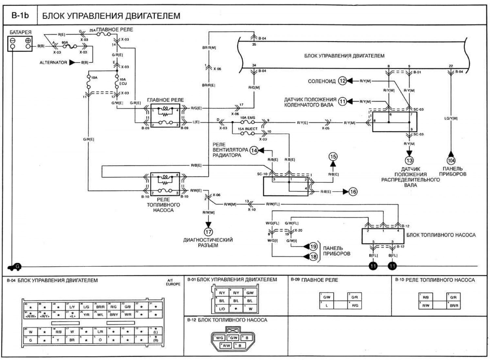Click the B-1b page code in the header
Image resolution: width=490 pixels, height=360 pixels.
click(x=20, y=15)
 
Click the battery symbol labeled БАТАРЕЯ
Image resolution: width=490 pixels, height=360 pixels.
click(x=20, y=43)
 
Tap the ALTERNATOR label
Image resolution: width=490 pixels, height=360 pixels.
click(x=53, y=62)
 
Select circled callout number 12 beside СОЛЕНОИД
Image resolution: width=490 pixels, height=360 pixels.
click(x=342, y=81)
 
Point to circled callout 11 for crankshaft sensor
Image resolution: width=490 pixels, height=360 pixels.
click(x=342, y=102)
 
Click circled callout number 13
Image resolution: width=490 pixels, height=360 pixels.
click(x=409, y=160)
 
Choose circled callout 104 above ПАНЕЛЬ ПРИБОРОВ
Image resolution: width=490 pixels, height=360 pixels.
click(x=451, y=160)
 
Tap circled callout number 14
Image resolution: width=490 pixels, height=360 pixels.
click(x=254, y=150)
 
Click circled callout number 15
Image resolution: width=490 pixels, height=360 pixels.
click(x=333, y=157)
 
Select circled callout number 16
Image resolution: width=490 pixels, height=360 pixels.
click(x=353, y=192)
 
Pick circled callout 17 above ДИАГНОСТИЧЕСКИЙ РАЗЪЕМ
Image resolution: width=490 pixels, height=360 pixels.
click(x=208, y=232)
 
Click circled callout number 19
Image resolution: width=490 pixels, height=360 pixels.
click(x=313, y=246)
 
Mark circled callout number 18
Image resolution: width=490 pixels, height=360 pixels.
click(x=313, y=257)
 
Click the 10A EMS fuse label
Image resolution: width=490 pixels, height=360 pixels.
click(x=248, y=117)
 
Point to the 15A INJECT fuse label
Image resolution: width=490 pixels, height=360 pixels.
click(x=247, y=129)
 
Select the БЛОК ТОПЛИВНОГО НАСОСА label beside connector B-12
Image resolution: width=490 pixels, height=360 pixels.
click(x=441, y=235)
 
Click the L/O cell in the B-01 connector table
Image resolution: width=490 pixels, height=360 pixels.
click(x=222, y=308)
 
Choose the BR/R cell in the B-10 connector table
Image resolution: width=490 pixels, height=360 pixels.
click(x=454, y=305)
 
